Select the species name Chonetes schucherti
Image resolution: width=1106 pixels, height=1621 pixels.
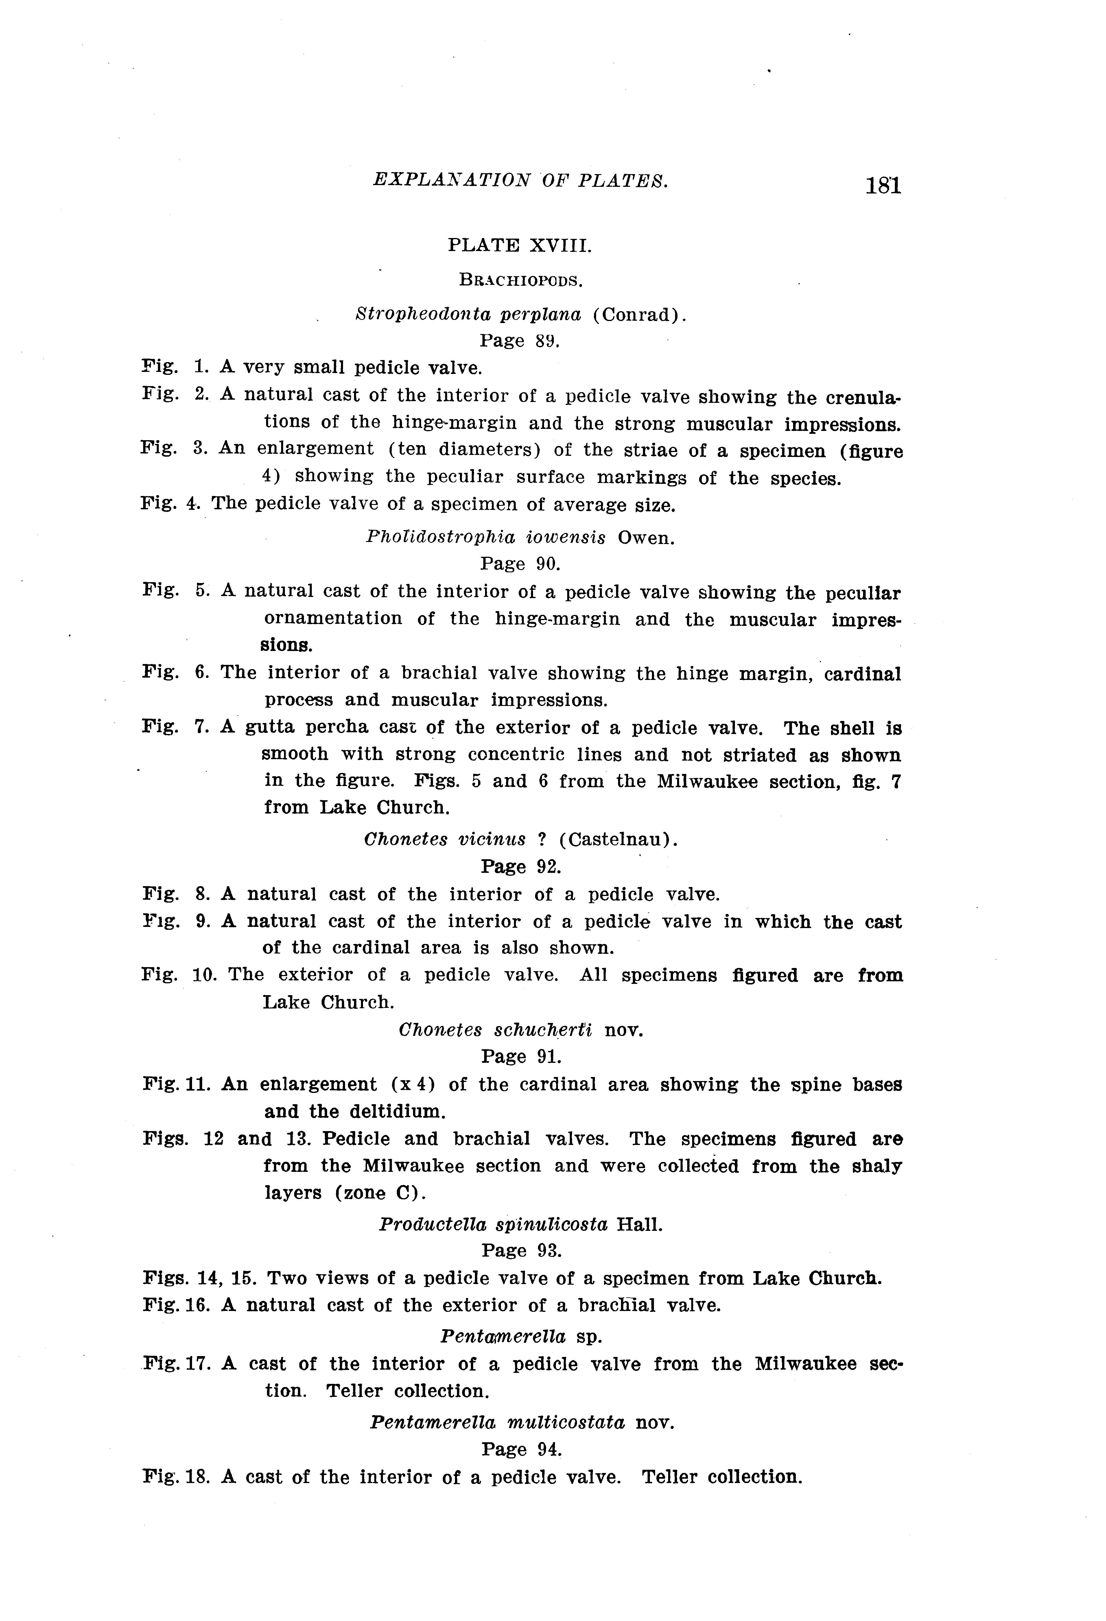point(495,1030)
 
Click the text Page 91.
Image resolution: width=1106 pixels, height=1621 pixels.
point(521,1057)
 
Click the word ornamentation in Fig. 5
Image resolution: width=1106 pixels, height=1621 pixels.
point(333,619)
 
